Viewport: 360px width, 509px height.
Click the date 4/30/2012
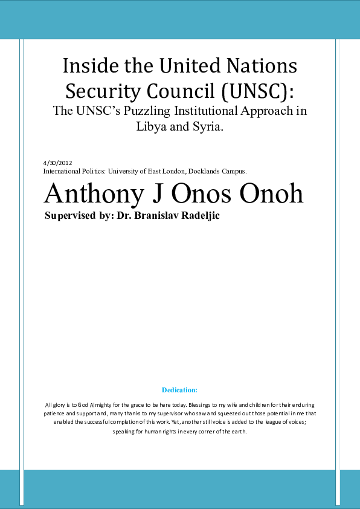[58, 163]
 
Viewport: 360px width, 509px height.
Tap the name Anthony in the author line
[94, 193]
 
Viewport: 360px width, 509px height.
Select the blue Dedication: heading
[179, 390]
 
